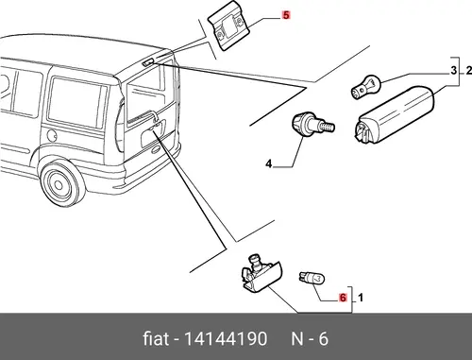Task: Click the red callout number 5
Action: coord(286,15)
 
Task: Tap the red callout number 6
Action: coord(343,298)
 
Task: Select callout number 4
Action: coord(268,163)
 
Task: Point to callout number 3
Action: coord(453,70)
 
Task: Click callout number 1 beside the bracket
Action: coord(361,298)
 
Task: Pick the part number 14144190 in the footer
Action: coord(226,339)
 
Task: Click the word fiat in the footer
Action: coord(156,339)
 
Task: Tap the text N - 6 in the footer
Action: coord(310,339)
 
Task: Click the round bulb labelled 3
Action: coord(366,86)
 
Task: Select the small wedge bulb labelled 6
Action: coord(312,278)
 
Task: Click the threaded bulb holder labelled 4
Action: coord(312,124)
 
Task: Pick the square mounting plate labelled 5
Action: coord(228,26)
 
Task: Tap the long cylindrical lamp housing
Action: coord(395,114)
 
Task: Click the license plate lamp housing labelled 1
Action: coord(261,273)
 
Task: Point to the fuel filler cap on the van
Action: coord(52,135)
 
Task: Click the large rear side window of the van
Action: coord(76,102)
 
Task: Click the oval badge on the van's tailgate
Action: coord(157,149)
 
